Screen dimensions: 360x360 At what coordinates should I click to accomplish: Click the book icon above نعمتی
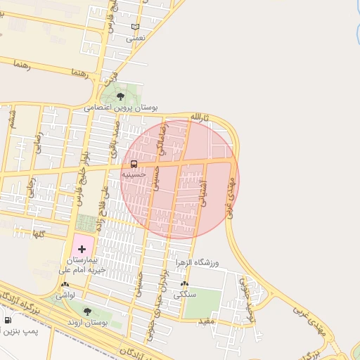coord(136,27)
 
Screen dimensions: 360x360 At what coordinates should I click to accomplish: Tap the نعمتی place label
coord(135,39)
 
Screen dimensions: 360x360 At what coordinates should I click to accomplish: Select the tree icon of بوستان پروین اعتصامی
coord(120,96)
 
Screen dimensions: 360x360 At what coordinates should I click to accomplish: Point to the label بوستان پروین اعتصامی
coord(121,108)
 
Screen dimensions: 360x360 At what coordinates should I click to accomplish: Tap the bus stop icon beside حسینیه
coord(134,164)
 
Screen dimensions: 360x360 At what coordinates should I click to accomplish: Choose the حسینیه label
coord(134,174)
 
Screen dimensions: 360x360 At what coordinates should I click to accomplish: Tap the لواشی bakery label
coord(65,295)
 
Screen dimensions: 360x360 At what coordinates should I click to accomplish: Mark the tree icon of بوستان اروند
coord(87,311)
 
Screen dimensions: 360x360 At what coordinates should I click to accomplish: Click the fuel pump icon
coord(8,321)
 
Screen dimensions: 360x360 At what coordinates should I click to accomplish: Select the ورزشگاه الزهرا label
coord(197,262)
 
